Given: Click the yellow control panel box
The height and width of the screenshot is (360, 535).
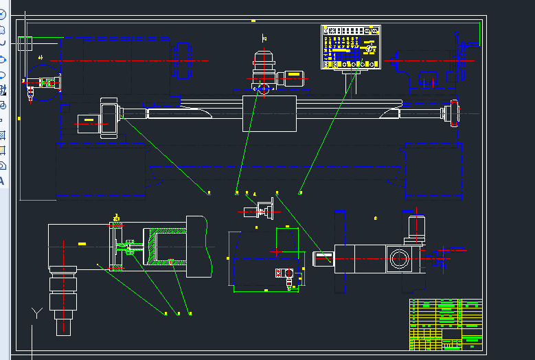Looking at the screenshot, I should coord(351,47).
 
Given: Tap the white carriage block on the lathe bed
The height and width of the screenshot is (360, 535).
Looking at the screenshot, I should coord(269,113).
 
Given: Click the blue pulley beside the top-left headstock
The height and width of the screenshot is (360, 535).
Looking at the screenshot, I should coord(183,60).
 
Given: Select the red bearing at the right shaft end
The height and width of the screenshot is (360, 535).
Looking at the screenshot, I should coord(453,113).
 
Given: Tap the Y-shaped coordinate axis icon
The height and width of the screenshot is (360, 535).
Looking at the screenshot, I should coord(37,313).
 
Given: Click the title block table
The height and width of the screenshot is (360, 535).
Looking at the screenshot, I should coord(446,324).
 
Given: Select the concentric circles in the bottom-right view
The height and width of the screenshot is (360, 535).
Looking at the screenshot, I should coord(398,259).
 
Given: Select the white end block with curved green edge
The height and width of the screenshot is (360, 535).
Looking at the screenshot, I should coord(197,247).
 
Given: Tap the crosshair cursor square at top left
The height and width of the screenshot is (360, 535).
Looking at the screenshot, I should coord(25,44).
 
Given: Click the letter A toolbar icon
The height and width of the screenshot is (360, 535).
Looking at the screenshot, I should coord(2,181).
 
